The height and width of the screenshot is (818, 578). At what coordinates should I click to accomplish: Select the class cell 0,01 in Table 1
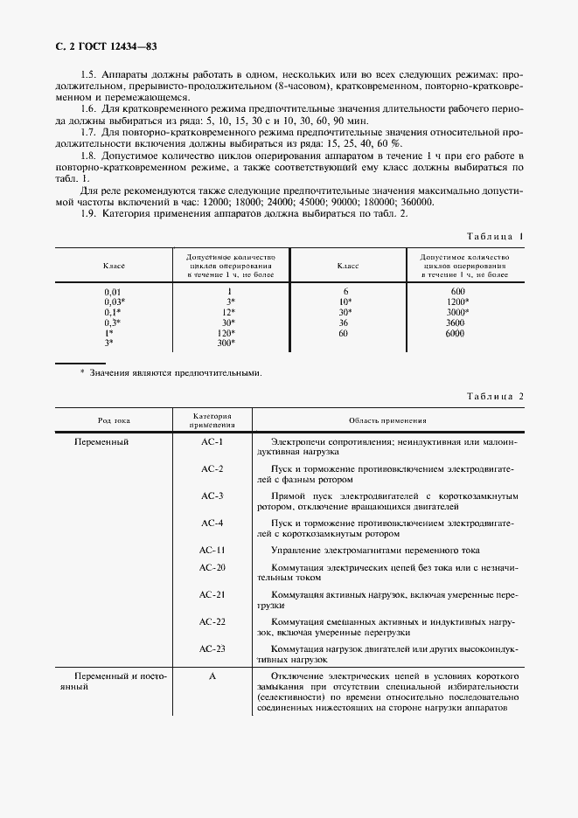click(114, 291)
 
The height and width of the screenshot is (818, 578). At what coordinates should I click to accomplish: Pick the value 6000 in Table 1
click(455, 333)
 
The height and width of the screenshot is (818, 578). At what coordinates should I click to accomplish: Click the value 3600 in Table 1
click(455, 322)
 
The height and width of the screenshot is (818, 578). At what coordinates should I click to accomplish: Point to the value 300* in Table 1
click(227, 343)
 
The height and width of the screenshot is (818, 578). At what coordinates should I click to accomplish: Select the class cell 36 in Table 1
click(345, 322)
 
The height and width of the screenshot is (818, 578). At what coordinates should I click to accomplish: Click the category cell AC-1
click(212, 442)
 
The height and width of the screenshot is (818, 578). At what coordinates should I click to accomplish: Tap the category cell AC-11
click(212, 550)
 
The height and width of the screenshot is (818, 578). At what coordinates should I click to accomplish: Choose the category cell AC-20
click(212, 567)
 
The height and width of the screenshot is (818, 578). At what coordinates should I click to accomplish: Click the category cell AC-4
click(212, 523)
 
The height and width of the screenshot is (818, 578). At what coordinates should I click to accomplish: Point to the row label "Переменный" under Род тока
click(102, 442)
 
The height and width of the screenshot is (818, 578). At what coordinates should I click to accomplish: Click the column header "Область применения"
click(386, 420)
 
